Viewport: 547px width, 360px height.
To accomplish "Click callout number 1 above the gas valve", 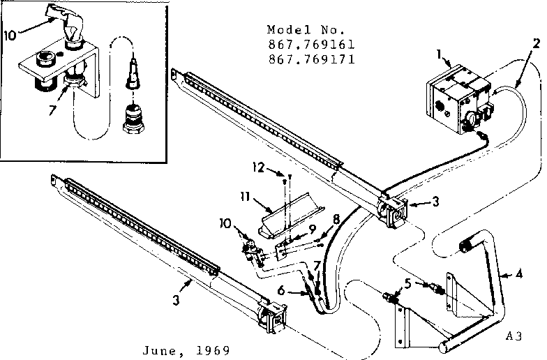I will coord(439,53).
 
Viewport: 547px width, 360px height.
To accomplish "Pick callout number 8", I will coord(336,218).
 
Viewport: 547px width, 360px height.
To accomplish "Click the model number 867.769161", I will coord(310,45).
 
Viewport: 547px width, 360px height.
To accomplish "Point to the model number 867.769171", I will coord(310,59).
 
